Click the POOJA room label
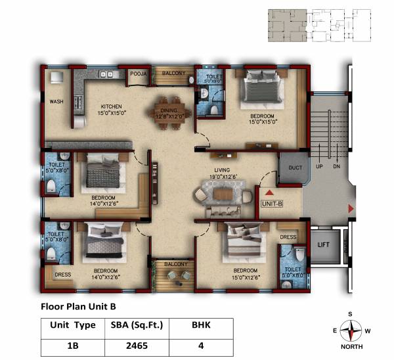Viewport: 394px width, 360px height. [137, 74]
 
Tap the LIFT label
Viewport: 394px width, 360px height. [323, 244]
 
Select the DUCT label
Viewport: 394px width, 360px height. [295, 168]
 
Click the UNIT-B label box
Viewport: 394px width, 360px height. [272, 204]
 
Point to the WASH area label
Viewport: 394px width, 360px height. [56, 101]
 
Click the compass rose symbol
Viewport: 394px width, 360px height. [354, 328]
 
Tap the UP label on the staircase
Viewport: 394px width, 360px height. [320, 167]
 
